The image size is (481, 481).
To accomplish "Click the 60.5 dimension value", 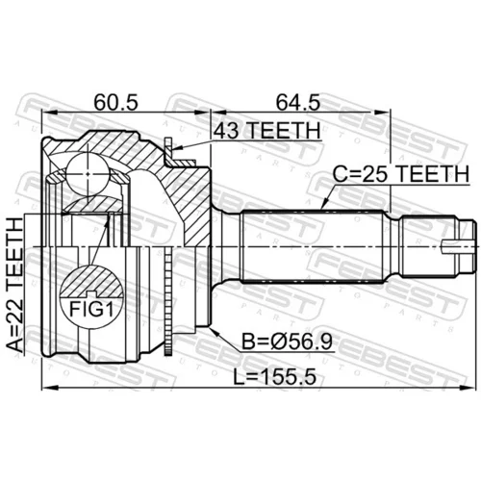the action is (x=115, y=102).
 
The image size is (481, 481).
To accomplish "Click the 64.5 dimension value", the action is (x=298, y=102).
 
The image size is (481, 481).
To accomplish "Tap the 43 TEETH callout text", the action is (x=267, y=131).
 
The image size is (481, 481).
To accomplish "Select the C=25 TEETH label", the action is (x=401, y=174).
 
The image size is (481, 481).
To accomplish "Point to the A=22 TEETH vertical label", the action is (x=15, y=285).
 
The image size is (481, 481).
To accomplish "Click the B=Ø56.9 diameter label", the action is (x=287, y=342).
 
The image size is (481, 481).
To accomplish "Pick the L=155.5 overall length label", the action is (x=274, y=376).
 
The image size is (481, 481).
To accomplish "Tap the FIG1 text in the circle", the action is (x=91, y=310).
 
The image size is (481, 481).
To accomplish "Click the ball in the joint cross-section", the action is (x=88, y=173).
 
